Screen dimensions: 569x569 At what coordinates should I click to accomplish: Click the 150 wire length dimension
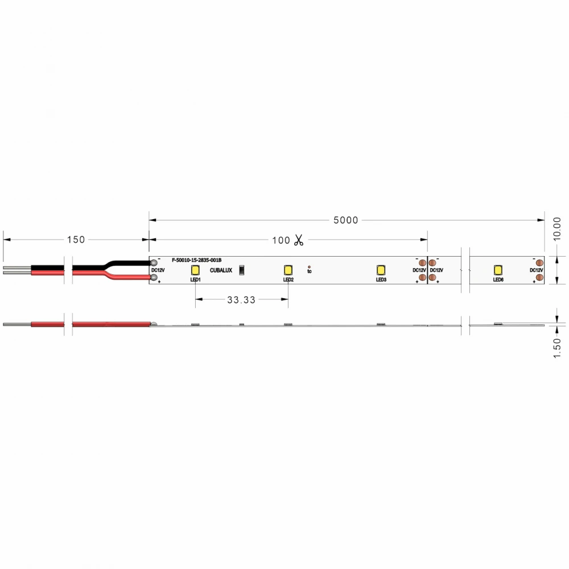tap(76, 240)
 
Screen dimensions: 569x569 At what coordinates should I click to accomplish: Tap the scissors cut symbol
tap(298, 240)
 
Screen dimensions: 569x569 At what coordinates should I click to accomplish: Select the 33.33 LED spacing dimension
tap(241, 300)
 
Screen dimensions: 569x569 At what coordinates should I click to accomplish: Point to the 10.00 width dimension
tap(557, 228)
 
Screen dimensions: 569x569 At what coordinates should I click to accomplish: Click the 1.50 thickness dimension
tap(557, 348)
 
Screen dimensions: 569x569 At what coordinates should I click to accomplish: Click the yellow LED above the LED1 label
tap(195, 270)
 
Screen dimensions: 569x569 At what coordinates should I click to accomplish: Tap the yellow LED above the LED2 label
tap(288, 270)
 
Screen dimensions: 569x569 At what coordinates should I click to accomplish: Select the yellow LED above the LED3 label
tap(381, 270)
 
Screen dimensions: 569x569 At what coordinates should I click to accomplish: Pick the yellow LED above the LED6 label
tap(498, 270)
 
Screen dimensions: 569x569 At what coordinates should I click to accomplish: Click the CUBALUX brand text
tap(221, 270)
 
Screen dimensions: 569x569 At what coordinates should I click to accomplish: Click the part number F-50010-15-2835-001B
tap(196, 260)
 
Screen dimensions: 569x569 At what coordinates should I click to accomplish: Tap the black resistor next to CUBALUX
tap(241, 270)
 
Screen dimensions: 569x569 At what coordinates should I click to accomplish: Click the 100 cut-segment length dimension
tap(281, 240)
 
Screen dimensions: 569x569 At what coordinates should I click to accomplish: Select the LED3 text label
tap(381, 280)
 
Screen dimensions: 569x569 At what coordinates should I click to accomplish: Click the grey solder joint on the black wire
tap(154, 262)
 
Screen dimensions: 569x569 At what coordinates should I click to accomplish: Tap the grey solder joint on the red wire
tap(154, 277)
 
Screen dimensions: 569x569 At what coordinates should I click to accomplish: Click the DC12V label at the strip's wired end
tap(158, 270)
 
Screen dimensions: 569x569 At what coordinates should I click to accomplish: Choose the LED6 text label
tap(498, 280)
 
